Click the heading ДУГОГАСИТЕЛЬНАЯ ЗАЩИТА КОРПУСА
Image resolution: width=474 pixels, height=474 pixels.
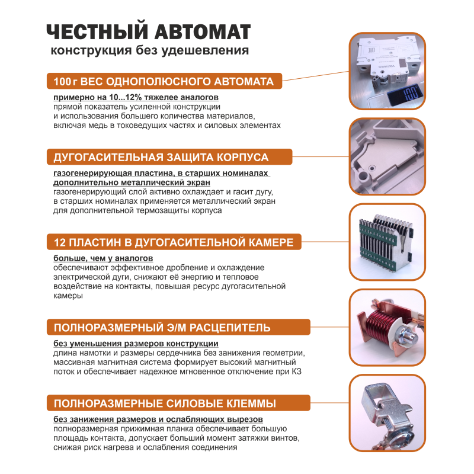point(161,158)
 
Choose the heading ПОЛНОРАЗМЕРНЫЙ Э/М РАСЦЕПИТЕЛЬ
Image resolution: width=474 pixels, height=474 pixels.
point(162,328)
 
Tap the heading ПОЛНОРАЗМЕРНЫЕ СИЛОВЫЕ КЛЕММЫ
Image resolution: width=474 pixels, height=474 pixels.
point(164,404)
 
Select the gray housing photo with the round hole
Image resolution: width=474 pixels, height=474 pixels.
point(387,157)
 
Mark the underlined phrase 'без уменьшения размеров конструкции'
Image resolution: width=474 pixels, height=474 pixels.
point(136,344)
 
